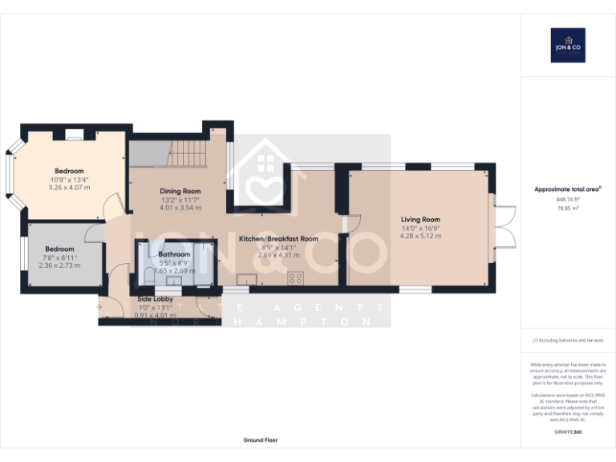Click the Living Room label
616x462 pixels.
(420, 219)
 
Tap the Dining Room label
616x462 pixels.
(180, 191)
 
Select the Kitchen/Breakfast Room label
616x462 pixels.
(278, 238)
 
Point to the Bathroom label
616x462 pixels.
(174, 254)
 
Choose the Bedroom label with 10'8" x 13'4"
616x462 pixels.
(69, 171)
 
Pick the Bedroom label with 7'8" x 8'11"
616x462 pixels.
(59, 249)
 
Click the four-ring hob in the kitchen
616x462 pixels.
(295, 279)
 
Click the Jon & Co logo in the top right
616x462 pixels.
(568, 45)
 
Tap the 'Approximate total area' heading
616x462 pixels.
(567, 189)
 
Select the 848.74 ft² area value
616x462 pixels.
(567, 200)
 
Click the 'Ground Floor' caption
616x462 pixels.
(261, 440)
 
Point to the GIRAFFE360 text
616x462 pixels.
(567, 432)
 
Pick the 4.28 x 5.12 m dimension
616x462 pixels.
(420, 236)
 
